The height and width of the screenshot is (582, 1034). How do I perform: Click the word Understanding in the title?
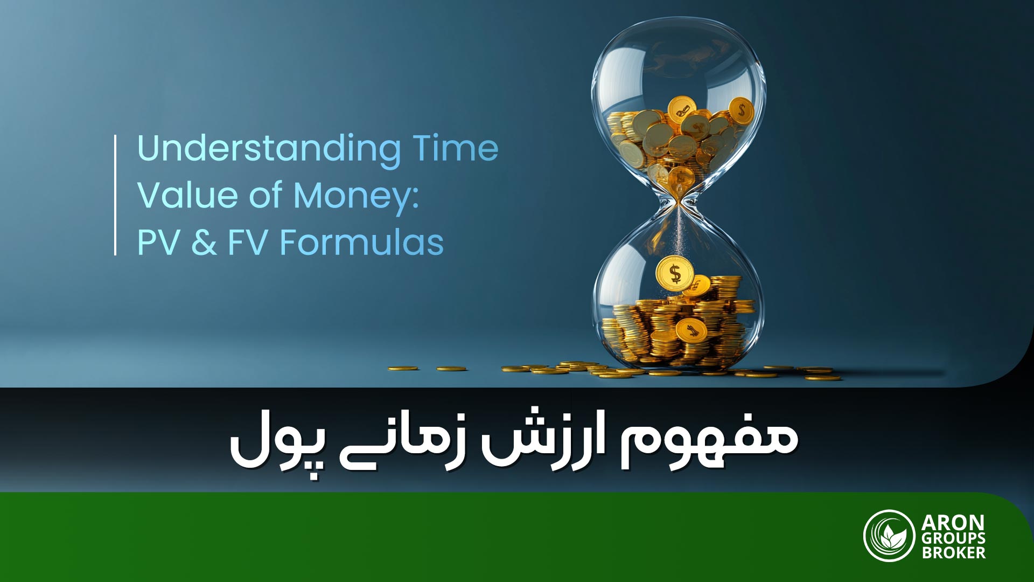pyautogui.click(x=269, y=149)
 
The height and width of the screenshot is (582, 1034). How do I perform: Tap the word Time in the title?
pyautogui.click(x=455, y=148)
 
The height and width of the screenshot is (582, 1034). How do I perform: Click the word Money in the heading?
pyautogui.click(x=355, y=196)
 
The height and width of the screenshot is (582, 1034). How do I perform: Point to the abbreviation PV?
pyautogui.click(x=158, y=242)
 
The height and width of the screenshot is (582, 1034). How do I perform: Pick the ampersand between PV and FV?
pyautogui.click(x=204, y=242)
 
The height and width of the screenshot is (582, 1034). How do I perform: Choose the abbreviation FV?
pyautogui.click(x=248, y=242)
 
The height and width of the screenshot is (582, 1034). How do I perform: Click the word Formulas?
pyautogui.click(x=361, y=242)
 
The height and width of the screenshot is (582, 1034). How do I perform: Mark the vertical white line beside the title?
pyautogui.click(x=115, y=195)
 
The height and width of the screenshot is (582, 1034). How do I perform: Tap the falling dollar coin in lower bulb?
pyautogui.click(x=674, y=274)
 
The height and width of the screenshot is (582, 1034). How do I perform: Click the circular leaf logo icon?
pyautogui.click(x=889, y=536)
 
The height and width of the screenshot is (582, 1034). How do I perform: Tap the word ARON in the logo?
pyautogui.click(x=952, y=523)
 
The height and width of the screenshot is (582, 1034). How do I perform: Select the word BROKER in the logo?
pyautogui.click(x=953, y=553)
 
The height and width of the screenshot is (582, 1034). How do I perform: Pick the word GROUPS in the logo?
pyautogui.click(x=953, y=538)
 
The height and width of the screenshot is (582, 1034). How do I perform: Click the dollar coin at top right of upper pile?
pyautogui.click(x=742, y=111)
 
